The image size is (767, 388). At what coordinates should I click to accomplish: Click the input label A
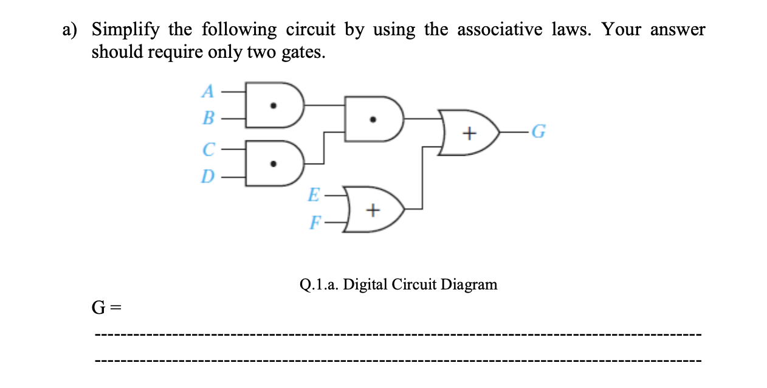click(x=208, y=91)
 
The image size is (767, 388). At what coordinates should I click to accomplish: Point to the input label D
click(x=208, y=176)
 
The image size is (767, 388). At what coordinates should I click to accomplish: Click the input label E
click(x=314, y=195)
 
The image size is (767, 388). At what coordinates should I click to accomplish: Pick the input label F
click(x=314, y=223)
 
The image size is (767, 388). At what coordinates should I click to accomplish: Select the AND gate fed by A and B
click(x=273, y=105)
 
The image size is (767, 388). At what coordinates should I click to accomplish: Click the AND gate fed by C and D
click(x=273, y=162)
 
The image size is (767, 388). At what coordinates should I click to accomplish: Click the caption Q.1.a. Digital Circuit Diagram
click(x=398, y=284)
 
